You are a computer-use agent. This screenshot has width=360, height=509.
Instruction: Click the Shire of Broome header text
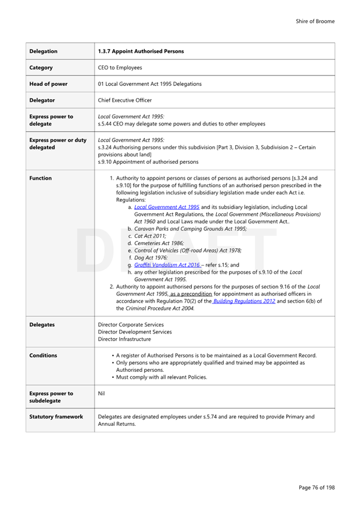pos(315,21)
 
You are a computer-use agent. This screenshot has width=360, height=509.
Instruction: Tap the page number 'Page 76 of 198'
pos(316,488)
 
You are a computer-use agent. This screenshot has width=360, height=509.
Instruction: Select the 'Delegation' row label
pos(44,51)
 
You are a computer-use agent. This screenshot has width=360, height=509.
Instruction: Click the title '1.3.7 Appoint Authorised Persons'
pos(141,51)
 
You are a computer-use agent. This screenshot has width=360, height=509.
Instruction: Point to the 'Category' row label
pos(41,68)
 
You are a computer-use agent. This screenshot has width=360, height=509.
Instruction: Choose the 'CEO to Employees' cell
pos(119,68)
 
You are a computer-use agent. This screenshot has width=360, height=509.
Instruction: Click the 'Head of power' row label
pos(49,84)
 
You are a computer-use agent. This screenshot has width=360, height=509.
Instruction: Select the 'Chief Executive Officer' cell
pos(125,100)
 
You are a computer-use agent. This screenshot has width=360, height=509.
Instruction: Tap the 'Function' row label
pos(41,178)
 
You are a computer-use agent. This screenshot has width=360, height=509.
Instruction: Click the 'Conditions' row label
pos(43,355)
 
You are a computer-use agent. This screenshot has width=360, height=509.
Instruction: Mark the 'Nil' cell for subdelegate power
pos(101,394)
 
